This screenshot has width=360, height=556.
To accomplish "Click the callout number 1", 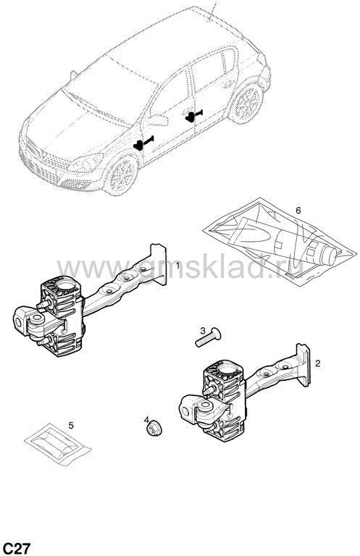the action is click(x=177, y=265).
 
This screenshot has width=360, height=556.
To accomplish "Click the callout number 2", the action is click(x=317, y=363).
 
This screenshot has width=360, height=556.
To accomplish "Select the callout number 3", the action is click(x=203, y=331).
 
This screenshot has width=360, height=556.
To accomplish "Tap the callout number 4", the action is click(x=146, y=420).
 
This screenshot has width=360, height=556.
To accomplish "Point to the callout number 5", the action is click(x=71, y=425).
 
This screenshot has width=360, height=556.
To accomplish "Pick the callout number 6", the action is click(x=298, y=210).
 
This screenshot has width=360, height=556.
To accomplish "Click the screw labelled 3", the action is click(x=208, y=338).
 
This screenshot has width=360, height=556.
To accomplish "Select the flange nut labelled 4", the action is click(x=154, y=428).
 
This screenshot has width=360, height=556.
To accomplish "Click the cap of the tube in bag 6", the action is click(x=330, y=256).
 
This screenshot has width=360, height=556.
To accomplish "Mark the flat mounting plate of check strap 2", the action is click(x=304, y=365).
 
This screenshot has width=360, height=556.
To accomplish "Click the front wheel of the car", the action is click(x=122, y=175).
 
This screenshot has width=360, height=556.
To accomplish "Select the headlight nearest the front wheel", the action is click(x=85, y=163).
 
